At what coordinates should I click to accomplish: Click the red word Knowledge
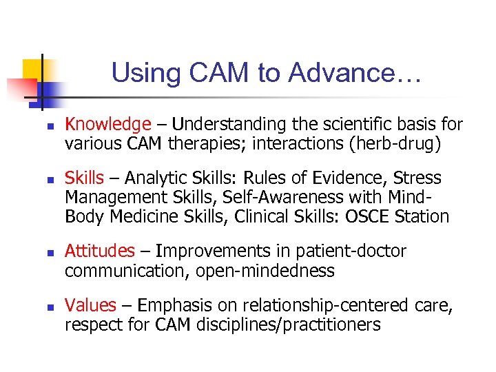click(107, 125)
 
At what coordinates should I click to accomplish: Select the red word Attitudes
click(100, 251)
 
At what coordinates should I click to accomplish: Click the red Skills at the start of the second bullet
click(84, 178)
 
